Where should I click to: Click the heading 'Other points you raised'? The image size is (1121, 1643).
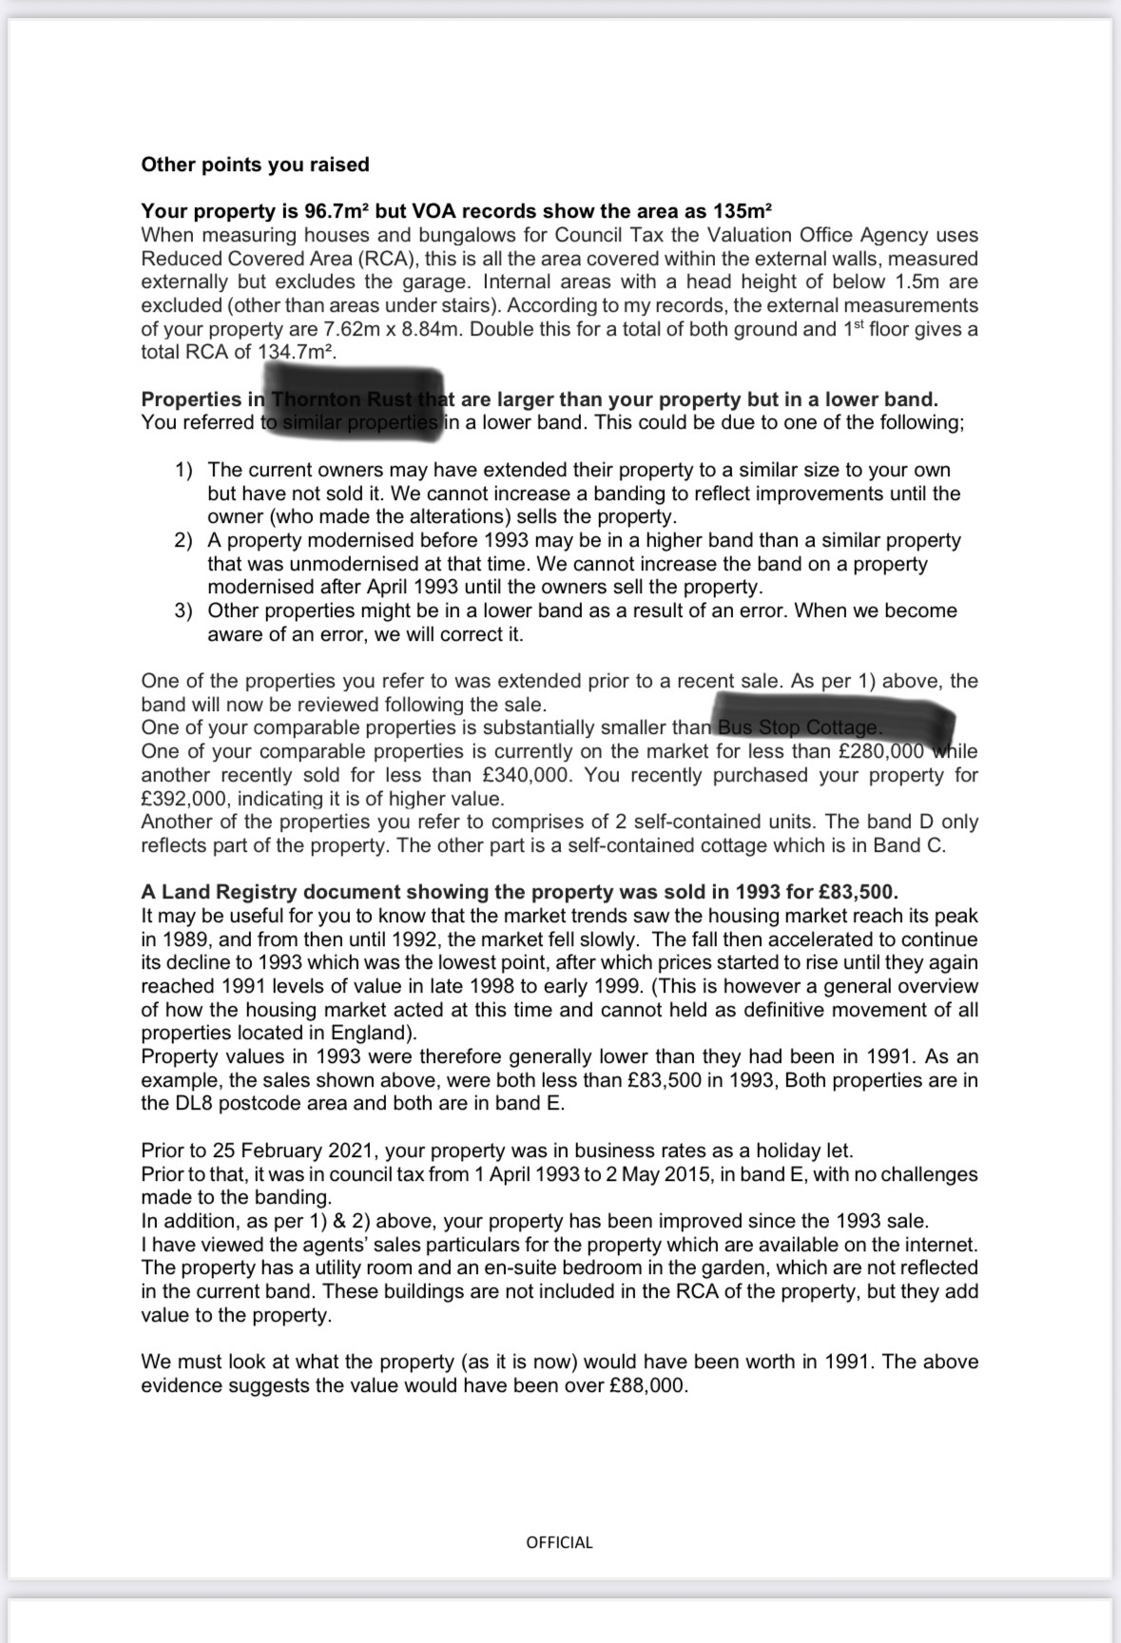[x=255, y=164]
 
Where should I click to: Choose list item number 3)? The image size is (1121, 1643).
[x=184, y=610]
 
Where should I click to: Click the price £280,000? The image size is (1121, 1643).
[x=873, y=751]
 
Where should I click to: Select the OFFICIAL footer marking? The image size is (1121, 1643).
[x=559, y=1542]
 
